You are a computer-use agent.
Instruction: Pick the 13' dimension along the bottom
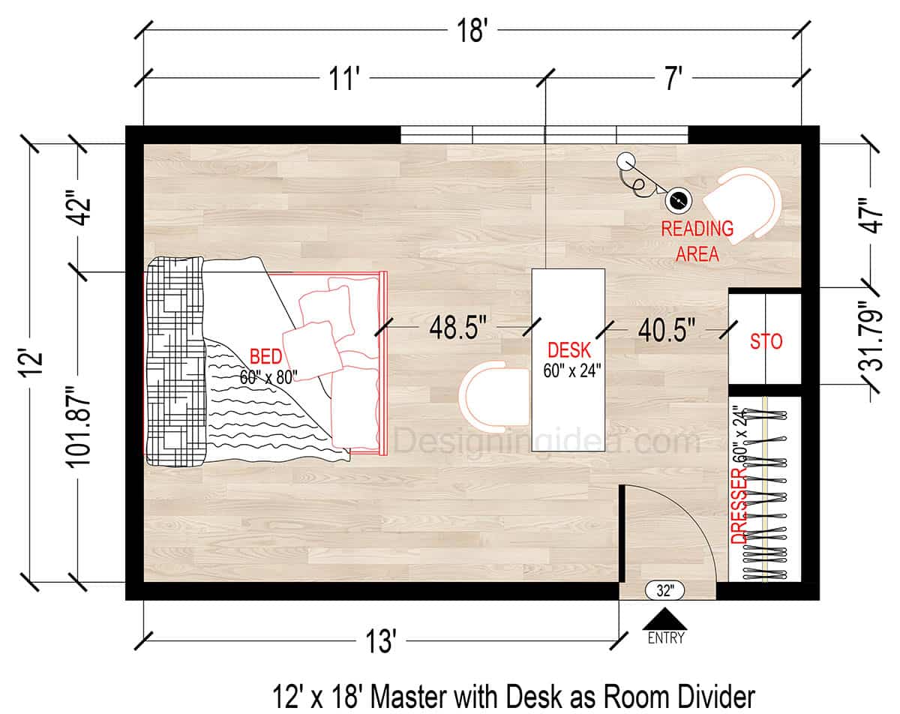tap(382, 642)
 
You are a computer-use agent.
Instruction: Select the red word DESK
tap(568, 349)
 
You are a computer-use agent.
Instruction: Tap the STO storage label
tap(766, 341)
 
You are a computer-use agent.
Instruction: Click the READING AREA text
tap(697, 241)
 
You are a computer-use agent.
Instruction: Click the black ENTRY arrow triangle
tap(664, 619)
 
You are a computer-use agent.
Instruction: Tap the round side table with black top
tap(679, 200)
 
